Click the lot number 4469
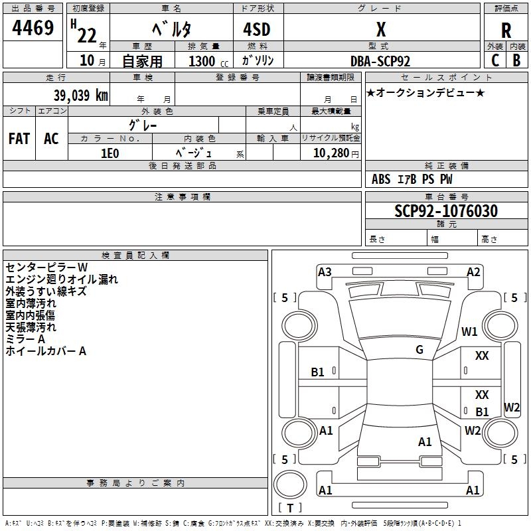(x=33, y=29)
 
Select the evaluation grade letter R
(x=506, y=31)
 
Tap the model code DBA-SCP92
(x=380, y=61)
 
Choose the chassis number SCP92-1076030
(x=446, y=211)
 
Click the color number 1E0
(x=110, y=153)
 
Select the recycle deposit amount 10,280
(x=330, y=153)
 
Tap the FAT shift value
(x=19, y=139)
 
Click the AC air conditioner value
(x=51, y=139)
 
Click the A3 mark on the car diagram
(x=325, y=271)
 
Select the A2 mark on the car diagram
(x=473, y=271)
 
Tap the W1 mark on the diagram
(x=470, y=332)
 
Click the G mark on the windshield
(x=419, y=350)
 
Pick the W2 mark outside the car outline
(x=512, y=407)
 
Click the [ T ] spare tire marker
(x=289, y=508)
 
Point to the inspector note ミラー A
(x=25, y=339)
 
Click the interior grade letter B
(x=516, y=60)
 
